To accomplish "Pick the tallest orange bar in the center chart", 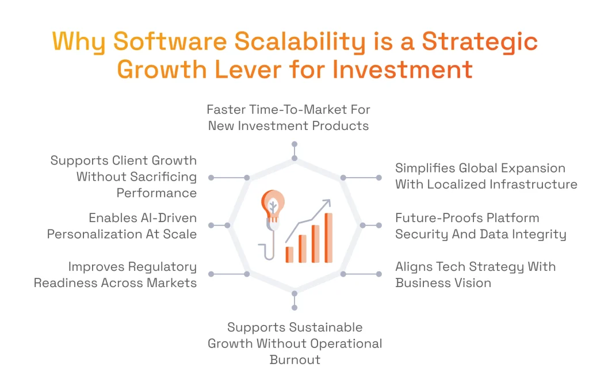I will coord(328,238).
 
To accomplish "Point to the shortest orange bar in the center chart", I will coord(289,254).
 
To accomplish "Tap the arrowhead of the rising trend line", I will coord(327,202).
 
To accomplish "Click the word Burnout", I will coord(294,360).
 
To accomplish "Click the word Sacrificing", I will coord(156,177).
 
